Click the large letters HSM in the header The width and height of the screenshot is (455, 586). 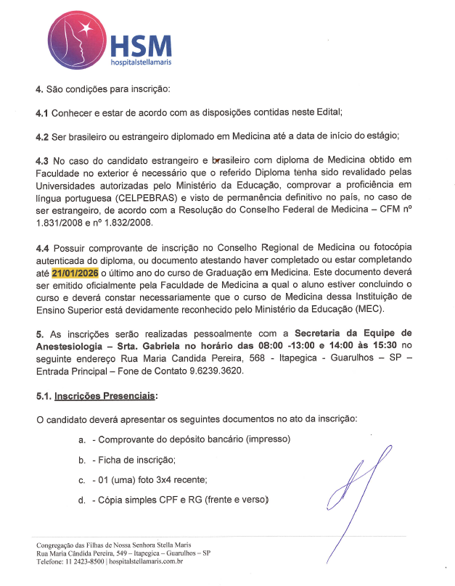142,46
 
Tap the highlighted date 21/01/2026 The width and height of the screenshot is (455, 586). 75,273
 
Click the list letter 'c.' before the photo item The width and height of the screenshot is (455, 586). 82,479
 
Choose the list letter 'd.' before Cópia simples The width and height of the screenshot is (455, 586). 82,500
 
